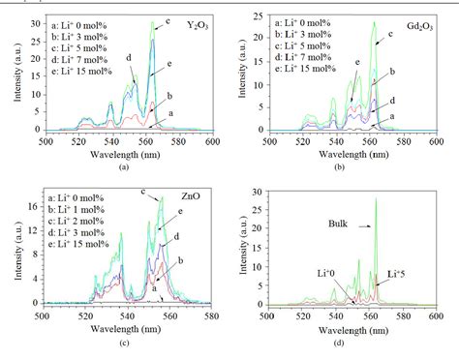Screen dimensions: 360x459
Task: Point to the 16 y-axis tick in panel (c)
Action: point(27,206)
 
